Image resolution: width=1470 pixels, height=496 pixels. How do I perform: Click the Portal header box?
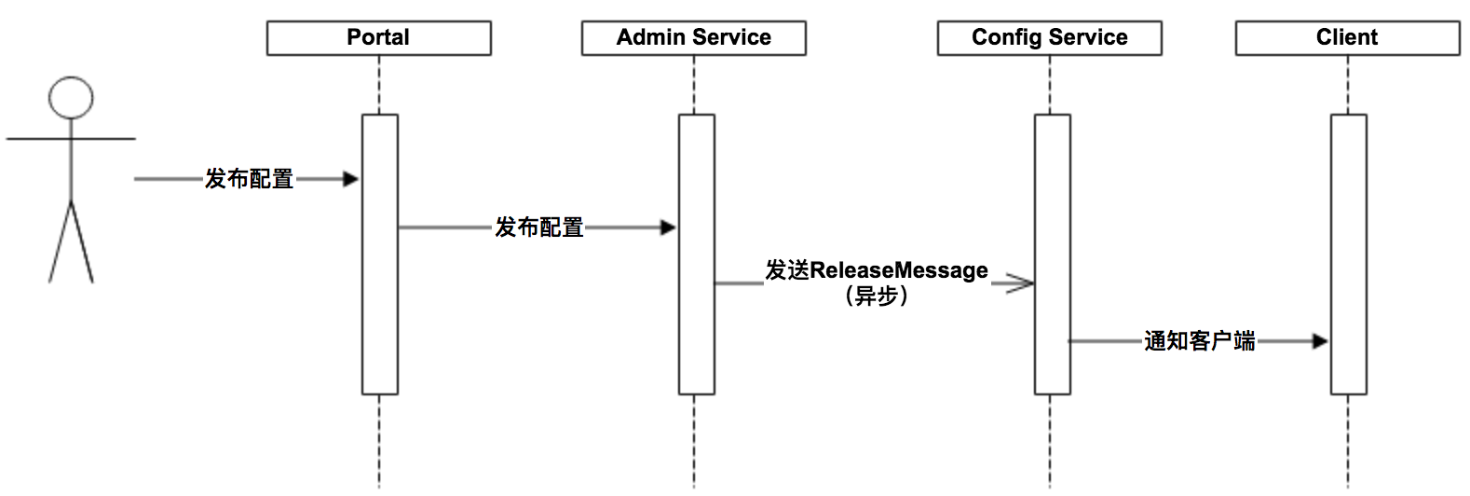378,38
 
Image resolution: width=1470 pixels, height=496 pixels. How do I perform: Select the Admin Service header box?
693,38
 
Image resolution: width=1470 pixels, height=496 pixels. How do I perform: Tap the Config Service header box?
1049,38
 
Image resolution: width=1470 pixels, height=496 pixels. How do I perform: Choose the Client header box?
1347,38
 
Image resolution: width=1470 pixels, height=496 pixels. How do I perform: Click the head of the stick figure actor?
71,98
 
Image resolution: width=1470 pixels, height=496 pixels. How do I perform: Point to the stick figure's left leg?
60,242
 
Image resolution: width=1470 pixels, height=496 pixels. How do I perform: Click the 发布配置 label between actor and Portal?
249,179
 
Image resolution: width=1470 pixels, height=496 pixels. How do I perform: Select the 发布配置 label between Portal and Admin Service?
538,227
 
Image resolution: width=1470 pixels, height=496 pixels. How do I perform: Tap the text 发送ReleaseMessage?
876,270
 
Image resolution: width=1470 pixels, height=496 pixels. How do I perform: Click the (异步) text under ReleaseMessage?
876,296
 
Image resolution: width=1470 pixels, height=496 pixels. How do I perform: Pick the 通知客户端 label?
1199,341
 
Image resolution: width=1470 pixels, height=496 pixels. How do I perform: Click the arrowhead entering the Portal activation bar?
351,179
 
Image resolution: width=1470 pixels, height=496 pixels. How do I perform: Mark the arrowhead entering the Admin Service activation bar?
668,227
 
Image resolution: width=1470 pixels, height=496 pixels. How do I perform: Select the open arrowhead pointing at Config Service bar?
1021,283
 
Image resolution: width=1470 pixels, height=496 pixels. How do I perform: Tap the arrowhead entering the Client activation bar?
1320,341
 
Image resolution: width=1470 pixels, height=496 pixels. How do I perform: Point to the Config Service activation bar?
1053,205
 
